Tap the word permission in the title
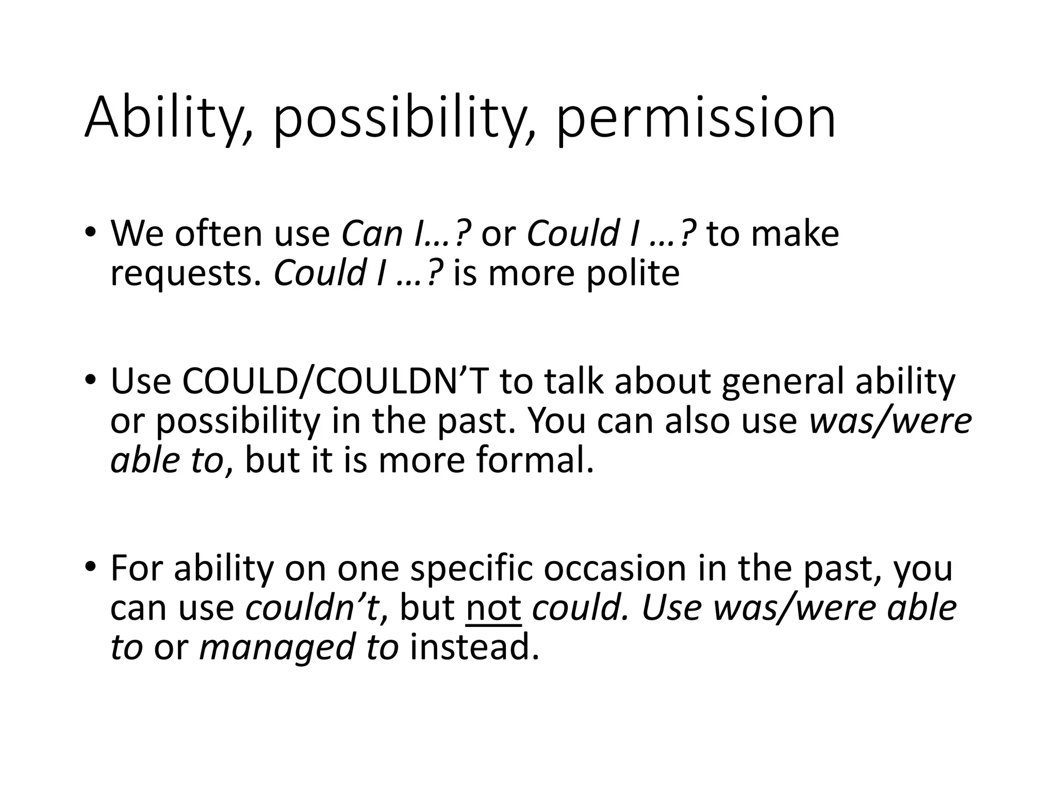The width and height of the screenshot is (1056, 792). coord(696,120)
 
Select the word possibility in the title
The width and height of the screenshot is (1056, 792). coord(397,120)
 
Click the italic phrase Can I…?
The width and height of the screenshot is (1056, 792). coord(407,234)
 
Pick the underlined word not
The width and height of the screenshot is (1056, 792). coord(493,607)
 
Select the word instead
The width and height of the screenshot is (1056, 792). coord(474,647)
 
